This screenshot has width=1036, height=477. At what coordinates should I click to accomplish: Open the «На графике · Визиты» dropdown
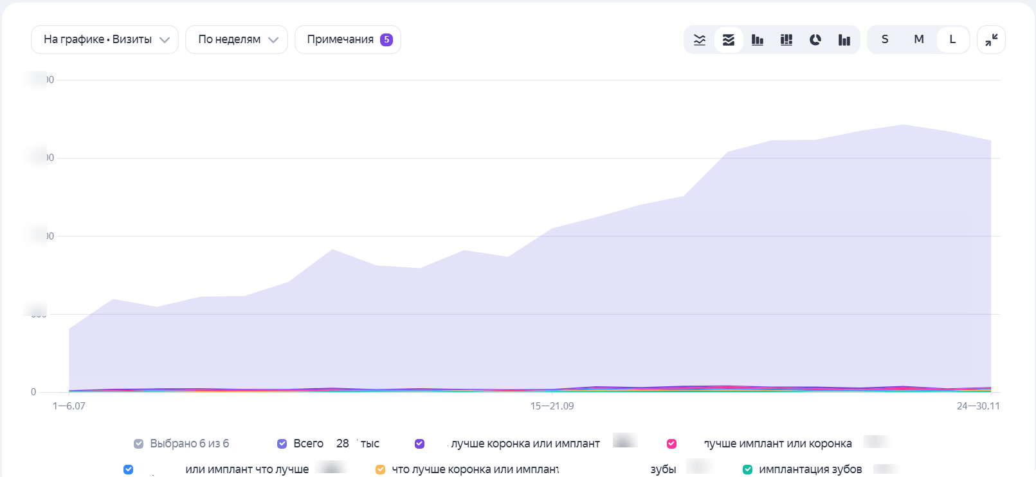(x=104, y=40)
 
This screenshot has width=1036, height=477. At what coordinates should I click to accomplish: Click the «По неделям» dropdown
(x=236, y=40)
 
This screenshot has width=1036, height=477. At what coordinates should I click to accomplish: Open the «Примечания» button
(x=340, y=40)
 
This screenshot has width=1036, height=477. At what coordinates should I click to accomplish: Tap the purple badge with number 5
(x=386, y=40)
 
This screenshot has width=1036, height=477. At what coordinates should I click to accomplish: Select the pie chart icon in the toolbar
(x=815, y=40)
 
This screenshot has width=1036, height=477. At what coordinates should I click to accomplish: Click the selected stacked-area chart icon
(x=729, y=40)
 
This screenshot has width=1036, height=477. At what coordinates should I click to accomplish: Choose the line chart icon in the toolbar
(x=700, y=40)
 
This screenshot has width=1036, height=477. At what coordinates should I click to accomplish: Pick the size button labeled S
(x=885, y=40)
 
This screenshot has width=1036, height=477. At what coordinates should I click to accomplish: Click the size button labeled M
(x=919, y=40)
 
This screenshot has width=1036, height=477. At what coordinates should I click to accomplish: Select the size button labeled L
(x=952, y=40)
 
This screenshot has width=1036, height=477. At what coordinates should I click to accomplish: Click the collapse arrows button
(x=991, y=40)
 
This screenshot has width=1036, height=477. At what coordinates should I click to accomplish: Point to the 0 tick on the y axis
(x=33, y=392)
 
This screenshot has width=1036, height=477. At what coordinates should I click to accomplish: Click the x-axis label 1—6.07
(x=69, y=406)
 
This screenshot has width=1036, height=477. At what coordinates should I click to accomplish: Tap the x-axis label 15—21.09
(x=552, y=406)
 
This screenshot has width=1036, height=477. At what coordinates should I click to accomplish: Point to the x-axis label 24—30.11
(x=978, y=406)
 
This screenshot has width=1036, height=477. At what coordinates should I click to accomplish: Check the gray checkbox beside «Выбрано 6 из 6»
(x=139, y=444)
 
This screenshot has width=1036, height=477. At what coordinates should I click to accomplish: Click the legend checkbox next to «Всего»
(x=282, y=444)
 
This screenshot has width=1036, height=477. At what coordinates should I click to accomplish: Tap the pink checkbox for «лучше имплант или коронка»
(x=672, y=444)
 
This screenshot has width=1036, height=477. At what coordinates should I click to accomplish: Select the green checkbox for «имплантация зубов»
(x=748, y=469)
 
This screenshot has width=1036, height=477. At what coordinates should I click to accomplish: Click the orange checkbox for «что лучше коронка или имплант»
(x=381, y=469)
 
